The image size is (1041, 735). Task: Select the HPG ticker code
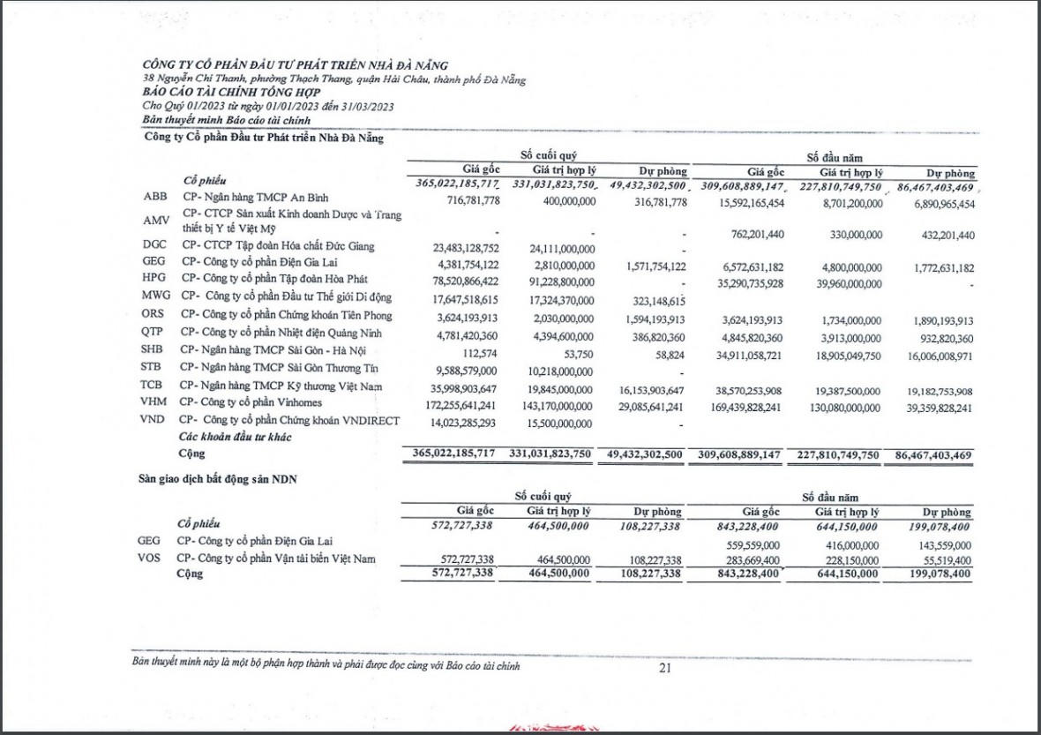pos(154,277)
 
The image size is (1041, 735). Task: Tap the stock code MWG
pos(156,296)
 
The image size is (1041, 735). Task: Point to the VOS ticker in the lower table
pos(151,559)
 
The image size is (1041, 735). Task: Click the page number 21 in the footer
pos(664,668)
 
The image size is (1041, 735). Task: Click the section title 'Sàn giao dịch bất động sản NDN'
pos(218,478)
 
